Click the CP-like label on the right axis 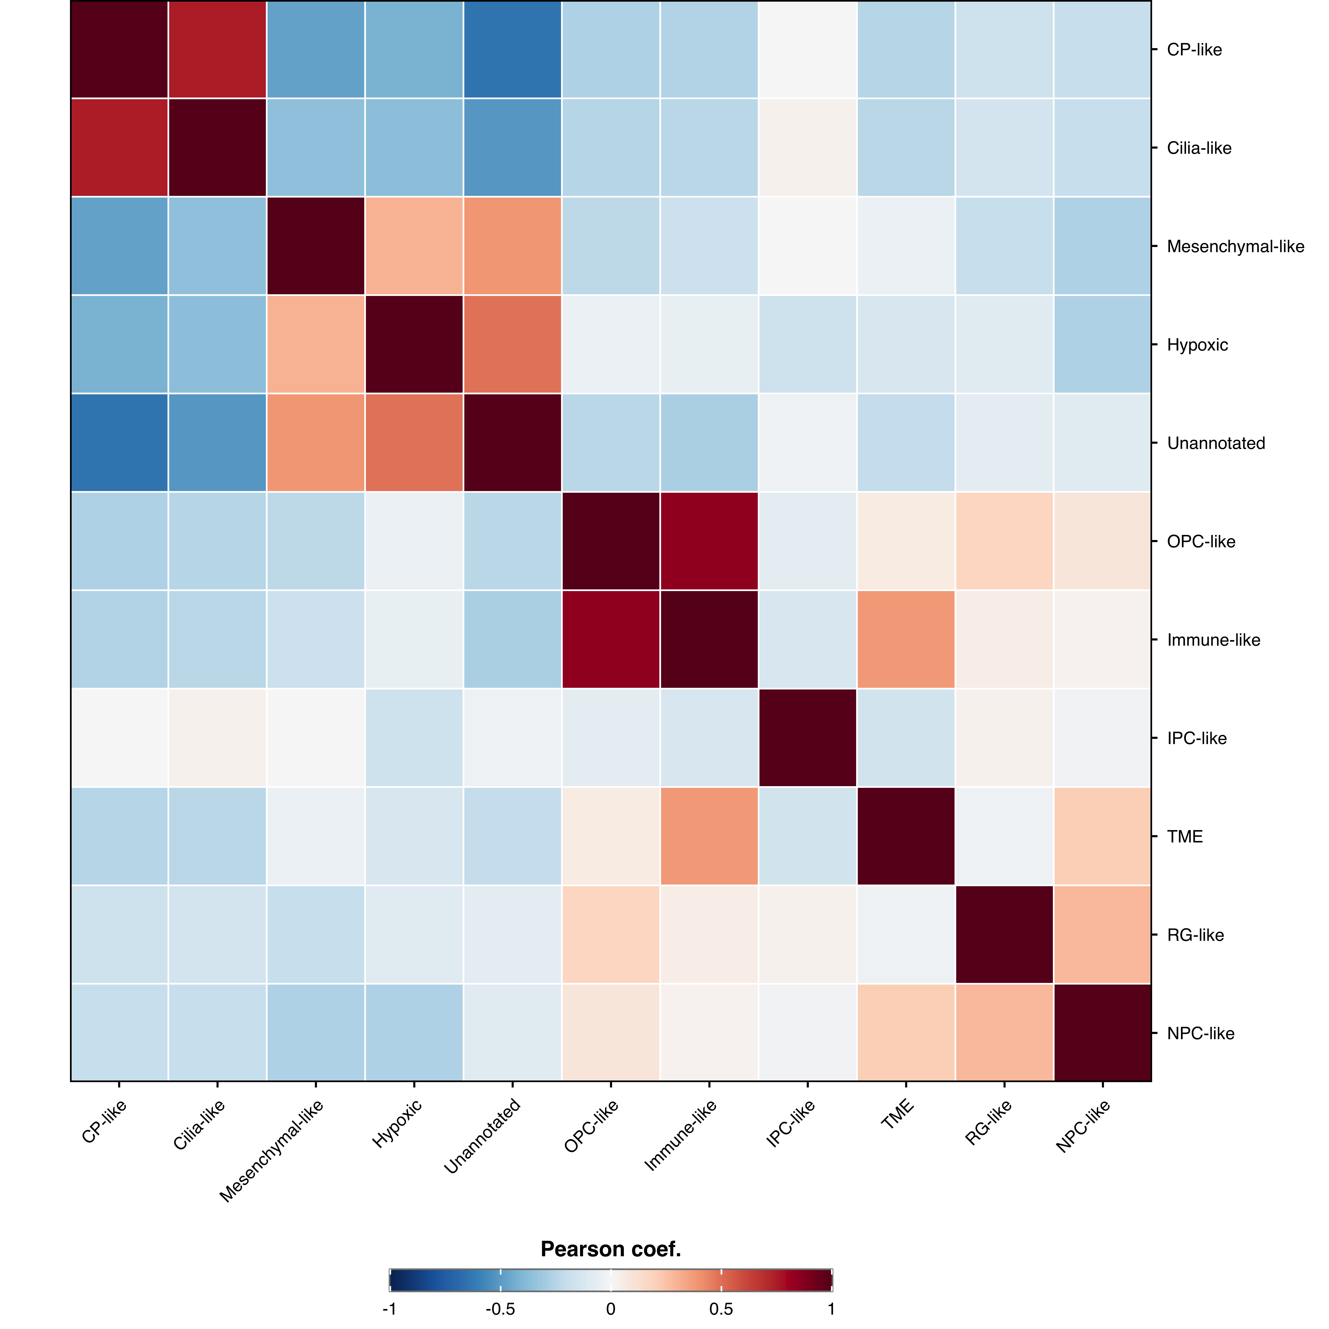1194,49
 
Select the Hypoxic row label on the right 1197,345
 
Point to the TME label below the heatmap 898,1114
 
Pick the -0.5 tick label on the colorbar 500,1308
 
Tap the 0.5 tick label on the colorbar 721,1308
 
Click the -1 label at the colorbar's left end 389,1308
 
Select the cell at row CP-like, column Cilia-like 217,49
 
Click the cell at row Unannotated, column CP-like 119,443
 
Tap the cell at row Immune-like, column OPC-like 611,640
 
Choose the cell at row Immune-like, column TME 906,640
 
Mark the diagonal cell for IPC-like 808,738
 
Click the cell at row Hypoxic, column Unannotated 512,345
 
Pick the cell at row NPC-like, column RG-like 1004,1033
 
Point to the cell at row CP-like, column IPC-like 808,49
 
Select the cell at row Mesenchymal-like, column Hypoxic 414,246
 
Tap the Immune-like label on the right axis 1213,640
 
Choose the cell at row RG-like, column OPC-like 611,935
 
